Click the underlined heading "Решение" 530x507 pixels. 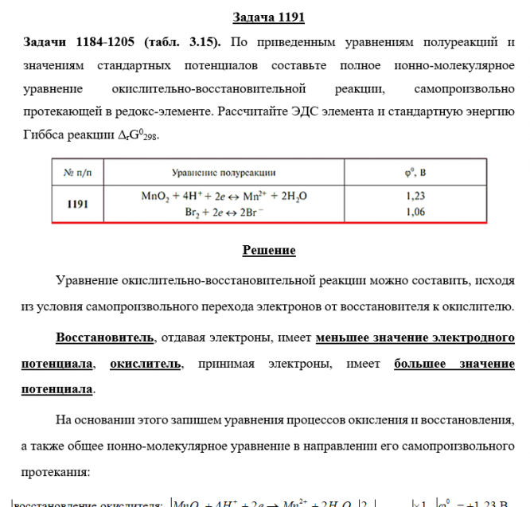click(268, 251)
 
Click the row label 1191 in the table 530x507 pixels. click(78, 204)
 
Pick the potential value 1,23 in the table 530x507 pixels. click(416, 196)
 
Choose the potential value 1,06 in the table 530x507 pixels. click(416, 212)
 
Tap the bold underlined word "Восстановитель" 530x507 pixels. click(104, 338)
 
